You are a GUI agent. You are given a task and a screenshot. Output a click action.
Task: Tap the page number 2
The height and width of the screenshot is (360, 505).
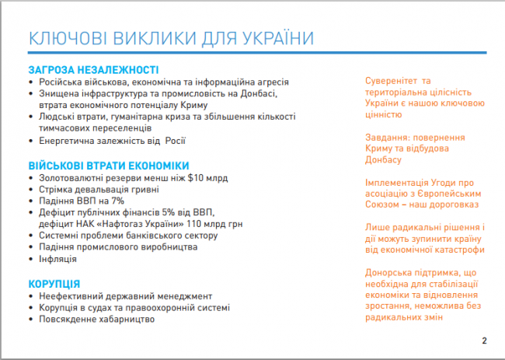click(484, 341)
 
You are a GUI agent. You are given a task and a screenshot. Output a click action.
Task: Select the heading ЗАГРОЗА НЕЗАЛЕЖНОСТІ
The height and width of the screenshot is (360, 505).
click(93, 70)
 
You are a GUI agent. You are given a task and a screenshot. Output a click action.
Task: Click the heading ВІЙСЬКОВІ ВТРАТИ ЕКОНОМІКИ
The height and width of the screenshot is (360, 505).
click(109, 166)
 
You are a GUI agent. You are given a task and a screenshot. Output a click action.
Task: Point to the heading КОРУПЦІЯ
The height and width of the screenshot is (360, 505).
click(54, 284)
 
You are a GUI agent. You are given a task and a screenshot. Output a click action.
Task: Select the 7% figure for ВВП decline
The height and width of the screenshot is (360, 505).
click(117, 201)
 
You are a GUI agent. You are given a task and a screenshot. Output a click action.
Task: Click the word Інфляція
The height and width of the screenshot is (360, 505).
click(58, 259)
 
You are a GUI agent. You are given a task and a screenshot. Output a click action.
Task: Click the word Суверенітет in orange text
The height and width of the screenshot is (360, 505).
click(391, 81)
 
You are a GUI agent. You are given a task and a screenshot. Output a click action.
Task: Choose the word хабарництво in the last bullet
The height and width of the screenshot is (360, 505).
click(127, 320)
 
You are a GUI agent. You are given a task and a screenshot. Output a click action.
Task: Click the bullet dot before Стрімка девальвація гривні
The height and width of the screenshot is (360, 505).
click(31, 190)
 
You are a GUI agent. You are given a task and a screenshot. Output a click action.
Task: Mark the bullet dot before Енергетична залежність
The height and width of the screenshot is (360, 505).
click(31, 142)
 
